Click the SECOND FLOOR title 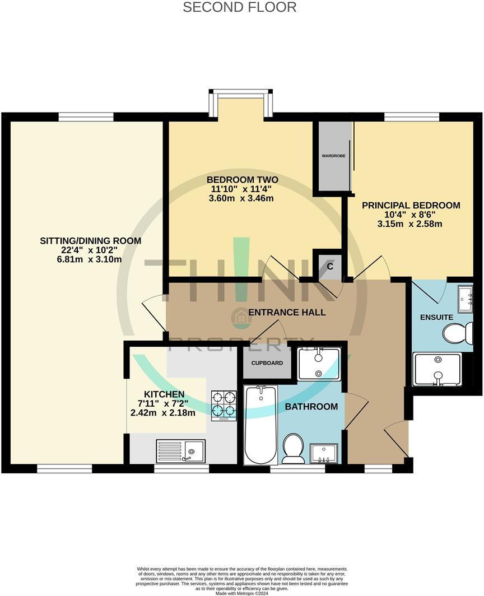click(240, 7)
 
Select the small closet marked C click(330, 267)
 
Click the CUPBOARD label click(267, 363)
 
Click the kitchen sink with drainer click(181, 450)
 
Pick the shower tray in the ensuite click(438, 369)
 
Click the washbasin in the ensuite click(465, 299)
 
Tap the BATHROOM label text click(311, 407)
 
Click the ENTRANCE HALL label click(287, 313)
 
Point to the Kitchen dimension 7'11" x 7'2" click(162, 404)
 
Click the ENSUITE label click(436, 318)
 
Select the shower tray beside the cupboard click(319, 364)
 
